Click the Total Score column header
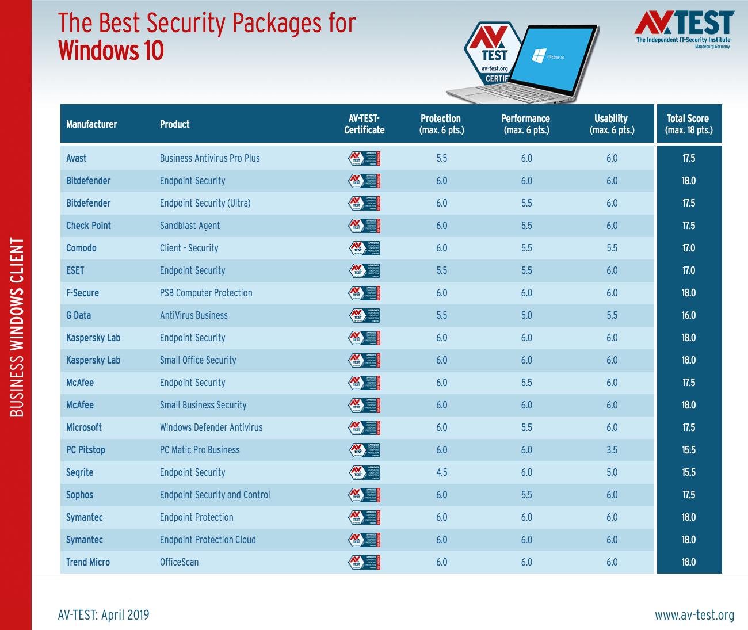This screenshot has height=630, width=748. pyautogui.click(x=688, y=124)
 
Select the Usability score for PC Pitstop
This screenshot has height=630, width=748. pyautogui.click(x=612, y=450)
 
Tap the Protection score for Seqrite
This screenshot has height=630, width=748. pyautogui.click(x=441, y=472)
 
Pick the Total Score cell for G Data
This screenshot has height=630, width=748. pyautogui.click(x=689, y=315)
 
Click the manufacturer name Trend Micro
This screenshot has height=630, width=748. pyautogui.click(x=88, y=562)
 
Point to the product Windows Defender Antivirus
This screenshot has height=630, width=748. pyautogui.click(x=211, y=427)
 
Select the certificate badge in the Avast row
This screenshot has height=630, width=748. pyautogui.click(x=364, y=158)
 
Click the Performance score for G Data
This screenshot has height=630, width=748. pyautogui.click(x=526, y=315)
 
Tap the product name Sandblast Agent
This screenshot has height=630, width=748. pyautogui.click(x=190, y=226)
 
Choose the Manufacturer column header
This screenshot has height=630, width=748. pyautogui.click(x=91, y=124)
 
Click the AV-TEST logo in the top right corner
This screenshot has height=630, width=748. pyautogui.click(x=684, y=29)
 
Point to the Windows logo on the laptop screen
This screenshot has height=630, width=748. pyautogui.click(x=538, y=55)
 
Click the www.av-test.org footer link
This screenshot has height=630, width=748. pyautogui.click(x=694, y=615)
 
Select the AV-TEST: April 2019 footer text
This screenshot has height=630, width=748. pyautogui.click(x=104, y=615)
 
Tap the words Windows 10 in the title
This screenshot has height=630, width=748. pyautogui.click(x=111, y=51)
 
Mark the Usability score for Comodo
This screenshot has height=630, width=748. pyautogui.click(x=612, y=248)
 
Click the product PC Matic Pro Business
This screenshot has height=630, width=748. pyautogui.click(x=200, y=450)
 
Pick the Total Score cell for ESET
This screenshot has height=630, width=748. pyautogui.click(x=689, y=270)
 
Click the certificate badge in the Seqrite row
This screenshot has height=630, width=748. pyautogui.click(x=364, y=472)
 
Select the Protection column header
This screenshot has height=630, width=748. pyautogui.click(x=441, y=124)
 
